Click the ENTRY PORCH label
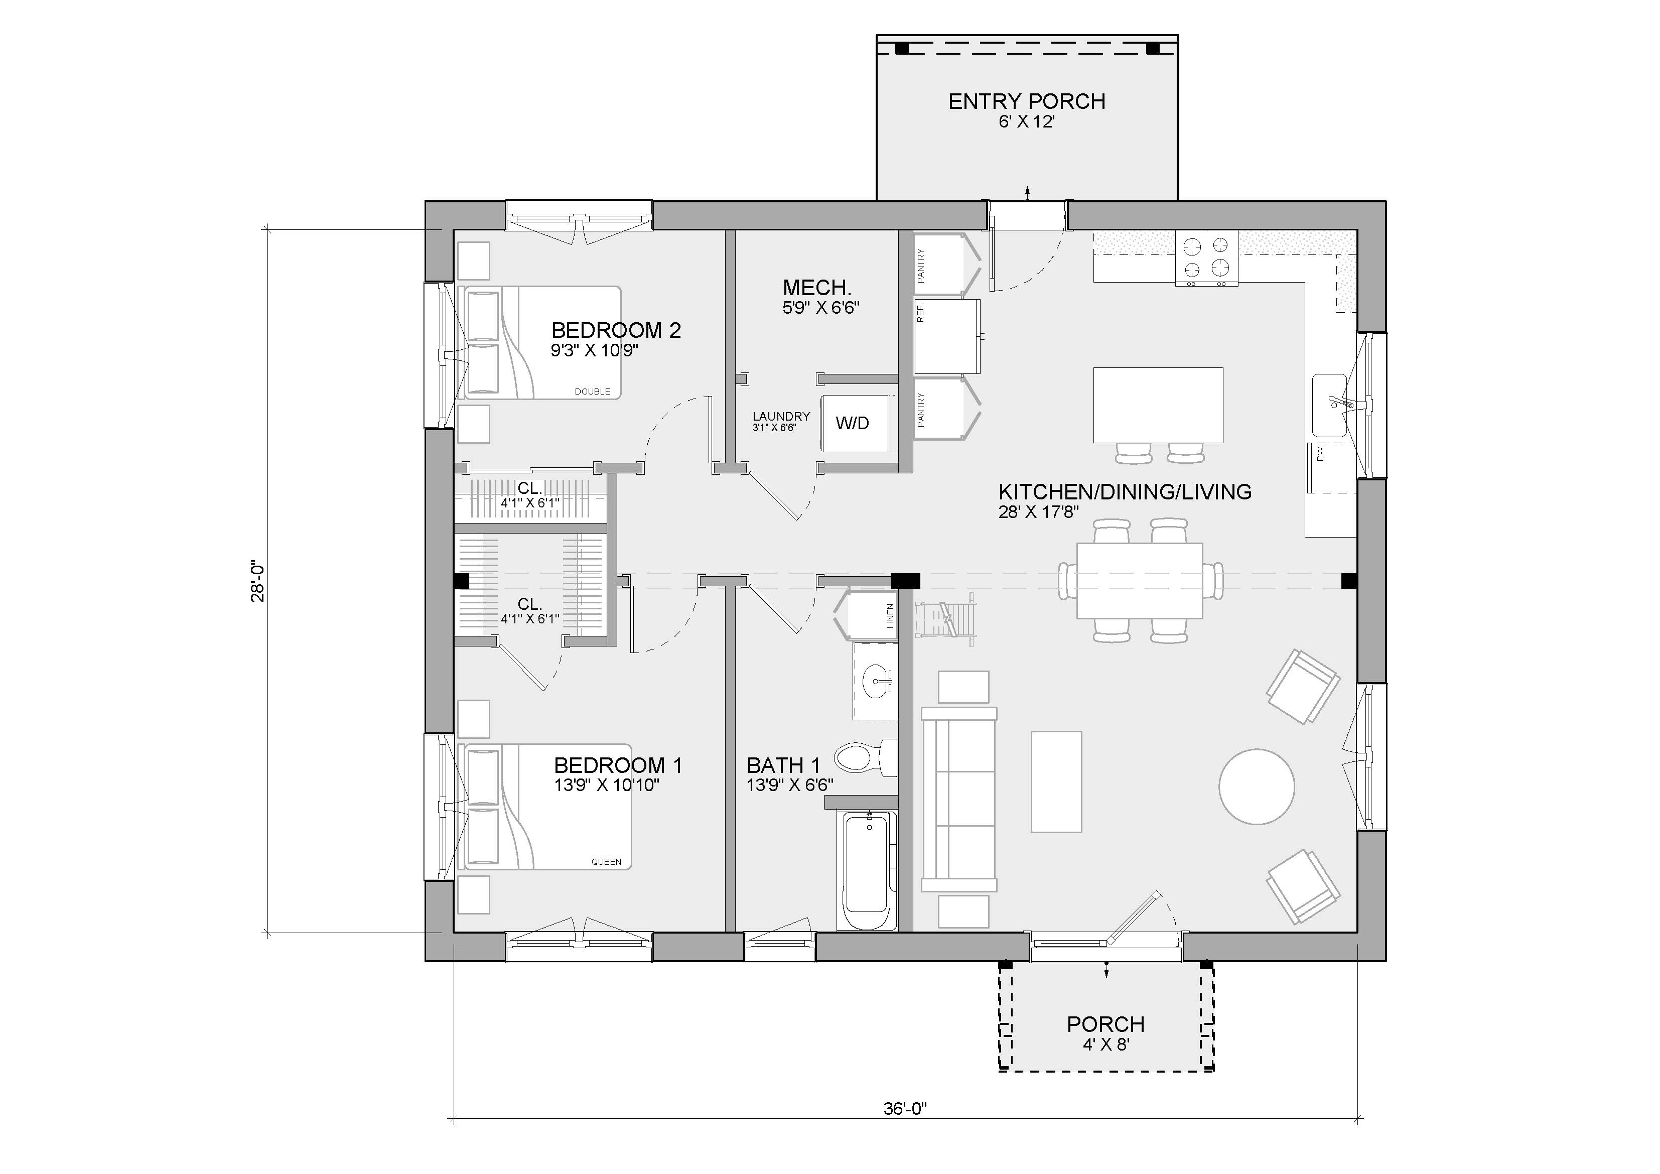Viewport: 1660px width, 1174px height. pyautogui.click(x=1027, y=101)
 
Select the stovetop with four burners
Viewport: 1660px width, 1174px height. pyautogui.click(x=1206, y=257)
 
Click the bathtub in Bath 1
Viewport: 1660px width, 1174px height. pyautogui.click(x=867, y=870)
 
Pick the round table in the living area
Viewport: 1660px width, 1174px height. pyautogui.click(x=1257, y=787)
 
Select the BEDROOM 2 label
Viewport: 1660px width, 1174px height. pyautogui.click(x=616, y=331)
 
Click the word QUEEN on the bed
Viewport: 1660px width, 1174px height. pyautogui.click(x=606, y=861)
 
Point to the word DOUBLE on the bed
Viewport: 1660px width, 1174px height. pyautogui.click(x=592, y=392)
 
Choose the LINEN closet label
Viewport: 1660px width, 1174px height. pyautogui.click(x=890, y=615)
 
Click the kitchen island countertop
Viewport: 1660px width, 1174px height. pyautogui.click(x=1158, y=405)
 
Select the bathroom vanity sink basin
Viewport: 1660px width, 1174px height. pyautogui.click(x=878, y=681)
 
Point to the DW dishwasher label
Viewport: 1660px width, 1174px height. pyautogui.click(x=1319, y=454)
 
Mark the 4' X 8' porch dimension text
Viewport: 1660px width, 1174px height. pyautogui.click(x=1105, y=1044)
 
